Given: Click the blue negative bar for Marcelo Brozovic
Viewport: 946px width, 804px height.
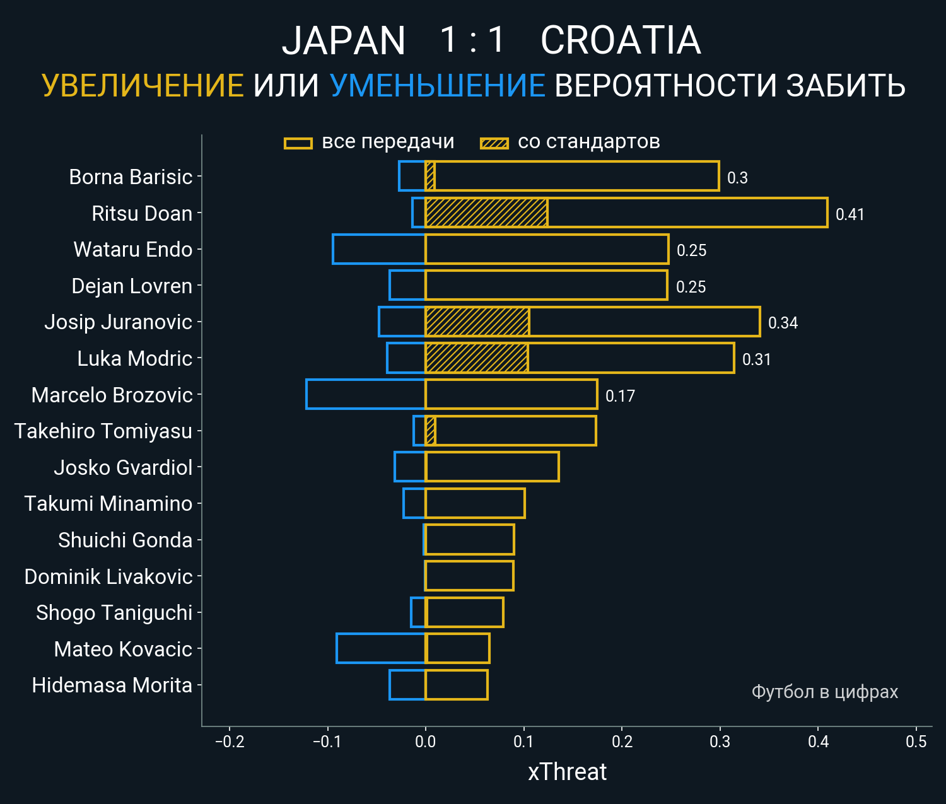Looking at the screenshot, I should [366, 394].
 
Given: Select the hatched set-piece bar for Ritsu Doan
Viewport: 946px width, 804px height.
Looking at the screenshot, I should [486, 213].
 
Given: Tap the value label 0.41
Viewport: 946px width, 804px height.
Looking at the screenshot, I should [850, 214].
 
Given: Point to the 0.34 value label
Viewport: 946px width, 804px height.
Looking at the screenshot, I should [783, 323].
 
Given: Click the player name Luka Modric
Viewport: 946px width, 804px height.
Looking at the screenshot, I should [134, 358].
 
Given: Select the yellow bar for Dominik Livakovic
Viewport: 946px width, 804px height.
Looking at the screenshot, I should [470, 576].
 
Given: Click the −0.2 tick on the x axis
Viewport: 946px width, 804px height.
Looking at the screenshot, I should [230, 742].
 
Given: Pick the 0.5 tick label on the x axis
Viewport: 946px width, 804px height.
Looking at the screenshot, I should [916, 742].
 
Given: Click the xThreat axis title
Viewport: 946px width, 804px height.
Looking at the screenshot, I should [567, 772].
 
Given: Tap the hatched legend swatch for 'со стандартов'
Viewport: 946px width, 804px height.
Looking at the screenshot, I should [494, 143].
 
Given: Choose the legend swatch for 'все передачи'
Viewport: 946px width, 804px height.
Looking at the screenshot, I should [298, 143].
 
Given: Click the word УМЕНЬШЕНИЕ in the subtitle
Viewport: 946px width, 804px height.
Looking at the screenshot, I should [437, 86].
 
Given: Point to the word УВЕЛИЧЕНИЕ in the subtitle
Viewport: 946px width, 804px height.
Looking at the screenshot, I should [143, 86].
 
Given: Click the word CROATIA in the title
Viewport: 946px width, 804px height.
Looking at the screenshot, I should [621, 40].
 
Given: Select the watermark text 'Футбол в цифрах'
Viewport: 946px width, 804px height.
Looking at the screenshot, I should [824, 692].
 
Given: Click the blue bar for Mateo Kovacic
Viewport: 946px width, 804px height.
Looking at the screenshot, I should [381, 648].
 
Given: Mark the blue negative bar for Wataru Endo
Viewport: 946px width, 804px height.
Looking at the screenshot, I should [379, 249].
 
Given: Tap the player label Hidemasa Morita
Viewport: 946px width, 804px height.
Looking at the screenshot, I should [112, 685].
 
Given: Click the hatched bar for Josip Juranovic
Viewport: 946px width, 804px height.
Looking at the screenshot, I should [477, 322].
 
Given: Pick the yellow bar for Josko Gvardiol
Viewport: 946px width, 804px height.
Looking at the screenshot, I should [493, 467].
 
